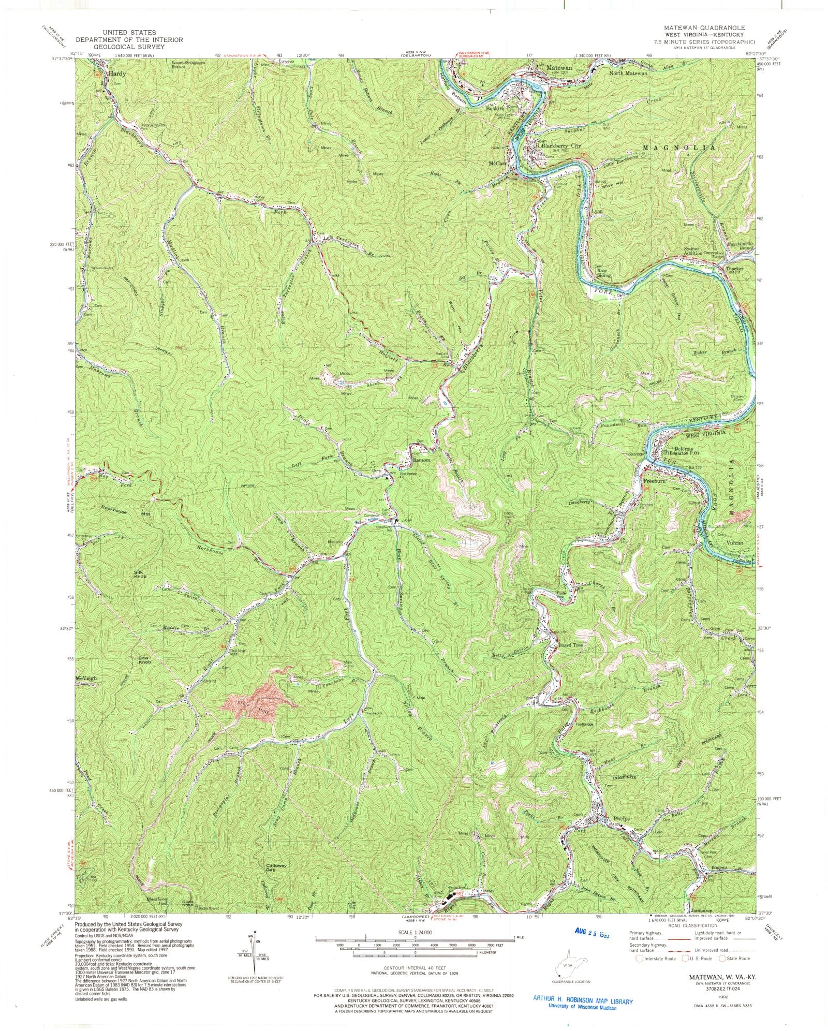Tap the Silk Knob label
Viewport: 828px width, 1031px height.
(x=141, y=574)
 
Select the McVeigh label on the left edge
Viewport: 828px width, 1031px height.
(x=86, y=678)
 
